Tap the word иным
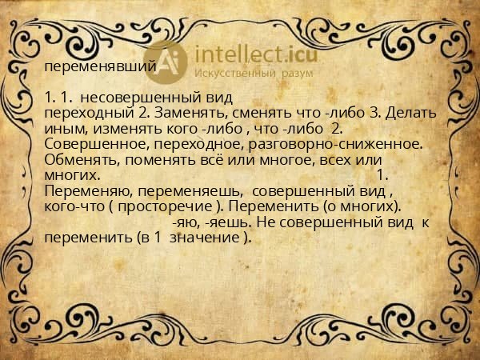coord(60,128)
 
